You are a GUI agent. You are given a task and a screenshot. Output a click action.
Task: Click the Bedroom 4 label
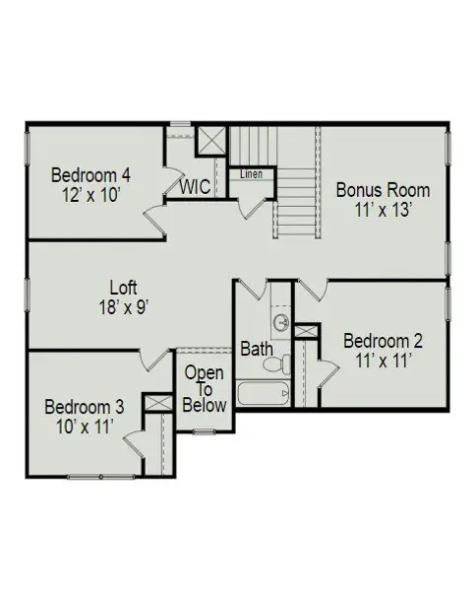[x=91, y=175]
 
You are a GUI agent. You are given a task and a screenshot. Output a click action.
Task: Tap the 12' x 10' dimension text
[x=91, y=194]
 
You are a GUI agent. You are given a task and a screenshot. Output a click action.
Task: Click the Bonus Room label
[x=383, y=189]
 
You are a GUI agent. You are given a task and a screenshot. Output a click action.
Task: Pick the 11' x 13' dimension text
[x=383, y=209]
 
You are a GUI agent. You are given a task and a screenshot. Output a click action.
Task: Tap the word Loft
[x=123, y=288]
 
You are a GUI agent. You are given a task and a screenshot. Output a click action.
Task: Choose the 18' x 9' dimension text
[x=123, y=306]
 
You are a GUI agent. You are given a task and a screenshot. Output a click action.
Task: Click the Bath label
[x=256, y=349]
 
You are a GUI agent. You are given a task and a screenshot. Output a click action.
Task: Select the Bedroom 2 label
[x=383, y=341]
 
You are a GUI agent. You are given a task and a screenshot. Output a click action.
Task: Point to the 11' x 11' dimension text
[x=383, y=361]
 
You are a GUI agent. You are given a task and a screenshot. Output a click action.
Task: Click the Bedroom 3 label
[x=85, y=406]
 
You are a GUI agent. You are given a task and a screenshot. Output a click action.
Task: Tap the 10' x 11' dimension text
[x=85, y=426]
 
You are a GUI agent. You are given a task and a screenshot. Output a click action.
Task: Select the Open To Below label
[x=205, y=389]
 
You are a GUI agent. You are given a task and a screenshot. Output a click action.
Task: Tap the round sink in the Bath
[x=280, y=322]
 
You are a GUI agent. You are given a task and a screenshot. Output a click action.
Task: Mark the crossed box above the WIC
[x=210, y=140]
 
